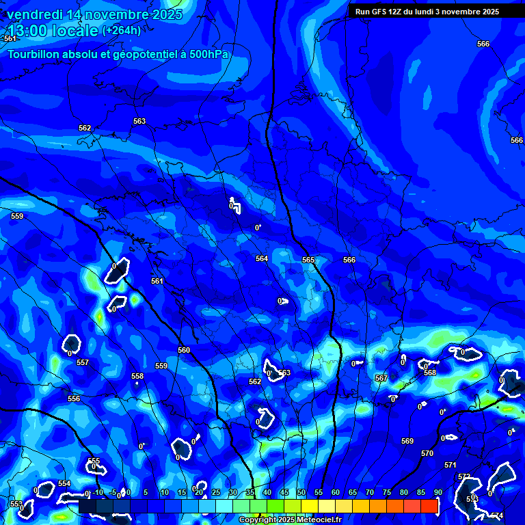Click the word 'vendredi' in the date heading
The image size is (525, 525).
click(x=33, y=14)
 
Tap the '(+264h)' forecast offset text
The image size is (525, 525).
click(x=122, y=30)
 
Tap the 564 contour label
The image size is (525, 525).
click(x=262, y=258)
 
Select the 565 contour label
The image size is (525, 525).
click(x=308, y=260)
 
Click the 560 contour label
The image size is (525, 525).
click(x=184, y=350)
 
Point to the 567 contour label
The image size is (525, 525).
click(x=381, y=378)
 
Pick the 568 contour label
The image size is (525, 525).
click(x=429, y=373)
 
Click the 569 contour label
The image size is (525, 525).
click(x=407, y=441)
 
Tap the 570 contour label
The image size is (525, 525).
click(x=427, y=453)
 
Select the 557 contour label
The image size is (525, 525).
click(x=83, y=362)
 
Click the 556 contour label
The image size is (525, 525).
click(x=74, y=399)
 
